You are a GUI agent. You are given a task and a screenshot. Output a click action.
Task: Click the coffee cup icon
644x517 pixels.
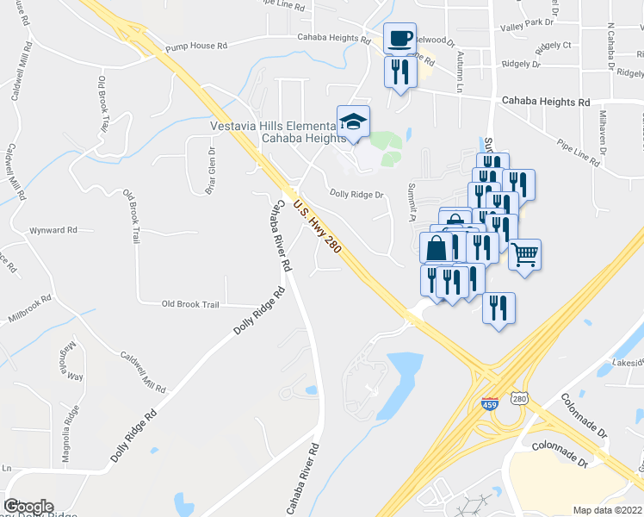point(399,39)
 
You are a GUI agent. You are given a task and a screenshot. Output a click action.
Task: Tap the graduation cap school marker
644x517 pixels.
point(353,121)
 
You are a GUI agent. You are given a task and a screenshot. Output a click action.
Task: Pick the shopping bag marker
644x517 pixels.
point(437,248)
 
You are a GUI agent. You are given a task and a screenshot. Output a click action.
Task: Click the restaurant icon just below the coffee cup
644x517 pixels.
point(399,72)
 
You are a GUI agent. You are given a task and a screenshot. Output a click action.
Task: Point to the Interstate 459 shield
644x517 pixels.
point(488,402)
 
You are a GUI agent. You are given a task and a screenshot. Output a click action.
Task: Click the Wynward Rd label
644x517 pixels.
point(53,231)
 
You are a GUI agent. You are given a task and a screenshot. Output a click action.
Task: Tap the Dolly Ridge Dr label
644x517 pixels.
point(356,195)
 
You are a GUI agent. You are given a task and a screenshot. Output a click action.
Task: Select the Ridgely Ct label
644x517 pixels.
point(554,45)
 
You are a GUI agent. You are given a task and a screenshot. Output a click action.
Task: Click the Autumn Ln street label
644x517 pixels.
point(460,74)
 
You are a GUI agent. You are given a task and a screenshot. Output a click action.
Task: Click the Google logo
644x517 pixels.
point(28,507)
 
